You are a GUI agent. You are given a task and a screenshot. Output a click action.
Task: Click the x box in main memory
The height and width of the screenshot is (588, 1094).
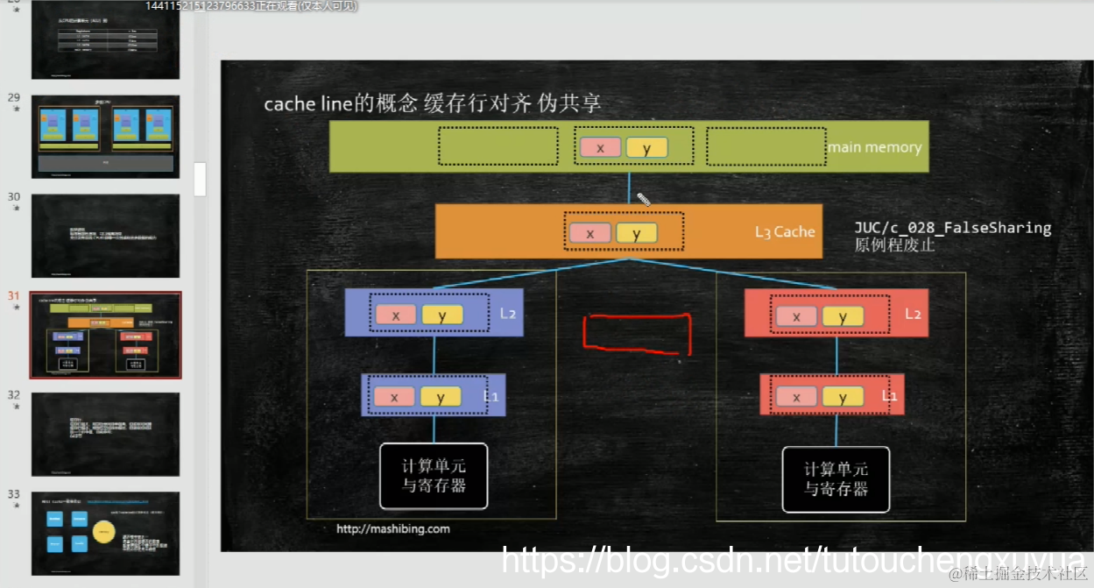pos(600,148)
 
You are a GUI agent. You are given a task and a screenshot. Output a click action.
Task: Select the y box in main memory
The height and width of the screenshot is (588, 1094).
pos(646,148)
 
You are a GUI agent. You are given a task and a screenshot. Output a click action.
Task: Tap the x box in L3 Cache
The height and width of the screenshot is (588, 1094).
pos(589,233)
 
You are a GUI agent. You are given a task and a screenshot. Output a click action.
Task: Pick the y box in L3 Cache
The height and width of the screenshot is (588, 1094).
pos(636,233)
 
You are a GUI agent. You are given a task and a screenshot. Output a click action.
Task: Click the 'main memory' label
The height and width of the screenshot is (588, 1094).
pos(874,147)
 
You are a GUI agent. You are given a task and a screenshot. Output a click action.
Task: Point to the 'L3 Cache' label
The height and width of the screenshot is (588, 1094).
pos(785,232)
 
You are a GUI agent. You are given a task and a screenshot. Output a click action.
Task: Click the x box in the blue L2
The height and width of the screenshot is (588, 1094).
pos(396,315)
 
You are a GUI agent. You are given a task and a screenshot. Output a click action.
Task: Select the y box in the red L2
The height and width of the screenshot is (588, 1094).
pos(843,316)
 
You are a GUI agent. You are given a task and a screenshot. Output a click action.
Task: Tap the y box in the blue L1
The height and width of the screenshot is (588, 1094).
pos(441,397)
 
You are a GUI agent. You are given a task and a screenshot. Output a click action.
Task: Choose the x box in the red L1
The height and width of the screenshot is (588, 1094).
pos(796,397)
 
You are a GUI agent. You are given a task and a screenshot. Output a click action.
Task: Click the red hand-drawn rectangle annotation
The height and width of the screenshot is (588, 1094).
pos(637,335)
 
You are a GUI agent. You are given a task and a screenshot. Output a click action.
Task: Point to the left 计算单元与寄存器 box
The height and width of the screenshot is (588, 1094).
pos(434,477)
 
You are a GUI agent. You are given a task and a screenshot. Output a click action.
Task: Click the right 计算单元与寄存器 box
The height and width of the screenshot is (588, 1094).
pos(836,478)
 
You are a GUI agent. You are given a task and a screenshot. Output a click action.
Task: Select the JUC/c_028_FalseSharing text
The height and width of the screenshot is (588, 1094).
pos(953,228)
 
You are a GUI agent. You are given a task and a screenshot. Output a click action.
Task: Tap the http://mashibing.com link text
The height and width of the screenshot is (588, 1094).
pos(393,528)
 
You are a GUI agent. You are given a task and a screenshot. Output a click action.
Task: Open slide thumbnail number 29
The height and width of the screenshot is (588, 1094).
pos(106,137)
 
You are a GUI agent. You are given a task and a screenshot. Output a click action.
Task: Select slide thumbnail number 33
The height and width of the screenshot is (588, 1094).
pos(106,533)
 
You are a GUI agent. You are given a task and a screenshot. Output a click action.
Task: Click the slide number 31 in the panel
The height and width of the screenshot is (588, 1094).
pos(13,296)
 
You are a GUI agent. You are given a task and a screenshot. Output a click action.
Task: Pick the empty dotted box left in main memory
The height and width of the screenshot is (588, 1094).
pos(498,146)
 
